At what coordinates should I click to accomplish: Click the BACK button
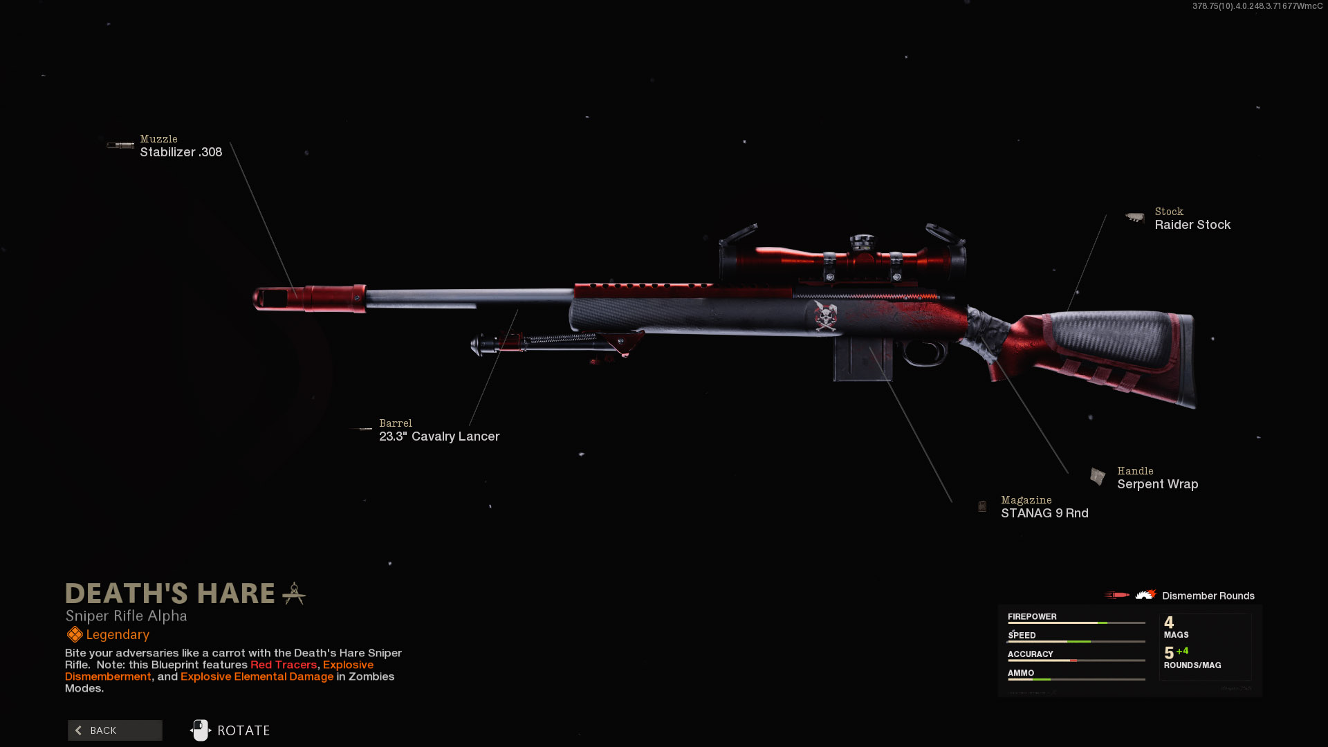(115, 730)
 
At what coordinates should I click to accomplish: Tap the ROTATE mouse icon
(201, 730)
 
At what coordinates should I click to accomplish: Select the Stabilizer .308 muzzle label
(181, 152)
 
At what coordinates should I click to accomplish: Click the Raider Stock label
(1192, 225)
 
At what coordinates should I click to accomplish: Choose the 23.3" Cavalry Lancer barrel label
(439, 436)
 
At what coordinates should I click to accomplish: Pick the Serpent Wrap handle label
(1157, 484)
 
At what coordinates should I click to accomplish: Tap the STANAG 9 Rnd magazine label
(1044, 513)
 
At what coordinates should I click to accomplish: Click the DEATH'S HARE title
(170, 594)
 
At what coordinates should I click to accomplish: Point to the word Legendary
(118, 635)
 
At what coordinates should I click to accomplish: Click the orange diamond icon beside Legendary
(75, 635)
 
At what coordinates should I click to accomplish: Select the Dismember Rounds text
(1208, 596)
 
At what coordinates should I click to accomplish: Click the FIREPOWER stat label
(1031, 616)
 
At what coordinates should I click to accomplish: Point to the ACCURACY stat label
(1030, 654)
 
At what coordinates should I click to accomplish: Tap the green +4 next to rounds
(1182, 651)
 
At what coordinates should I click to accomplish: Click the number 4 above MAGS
(1169, 622)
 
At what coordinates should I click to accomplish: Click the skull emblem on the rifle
(825, 316)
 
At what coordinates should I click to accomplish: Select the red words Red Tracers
(284, 665)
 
